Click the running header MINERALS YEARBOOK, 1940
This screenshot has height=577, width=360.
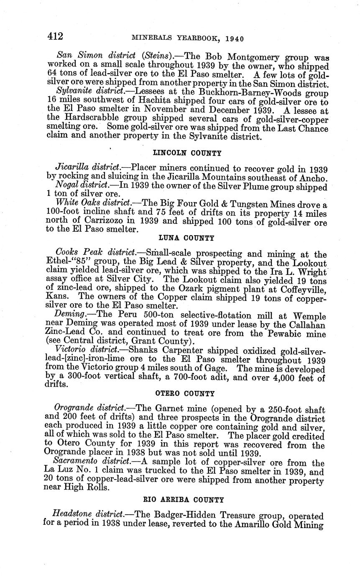click(x=188, y=38)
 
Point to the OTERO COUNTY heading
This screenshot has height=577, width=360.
click(x=185, y=394)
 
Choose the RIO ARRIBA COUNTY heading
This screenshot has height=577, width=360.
click(x=184, y=500)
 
